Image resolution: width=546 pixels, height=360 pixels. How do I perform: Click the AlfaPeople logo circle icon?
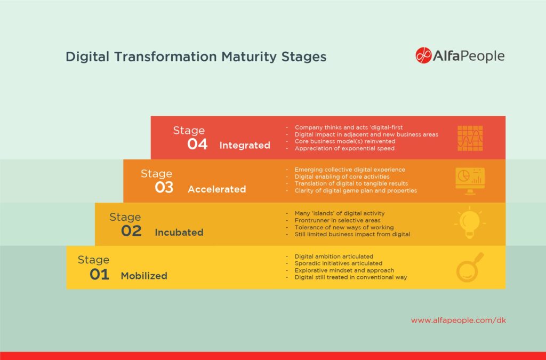pos(423,55)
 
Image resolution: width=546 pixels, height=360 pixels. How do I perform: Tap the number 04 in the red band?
pos(197,145)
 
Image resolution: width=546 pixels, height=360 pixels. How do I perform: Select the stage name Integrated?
pos(245,145)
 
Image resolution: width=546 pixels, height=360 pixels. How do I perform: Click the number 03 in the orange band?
pos(164,188)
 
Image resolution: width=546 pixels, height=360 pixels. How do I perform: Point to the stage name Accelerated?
pos(216,189)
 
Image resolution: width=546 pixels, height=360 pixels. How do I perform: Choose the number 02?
pos(131,231)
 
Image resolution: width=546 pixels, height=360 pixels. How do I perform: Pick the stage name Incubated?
pos(179,233)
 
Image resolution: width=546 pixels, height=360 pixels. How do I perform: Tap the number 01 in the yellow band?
pos(99,275)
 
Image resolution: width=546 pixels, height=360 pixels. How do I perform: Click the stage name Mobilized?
pos(144,276)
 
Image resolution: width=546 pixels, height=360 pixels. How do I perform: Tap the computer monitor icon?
pos(470,180)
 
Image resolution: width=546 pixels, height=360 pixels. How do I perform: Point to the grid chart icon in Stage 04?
pos(470,138)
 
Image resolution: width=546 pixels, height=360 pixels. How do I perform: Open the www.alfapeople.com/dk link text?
pos(458,321)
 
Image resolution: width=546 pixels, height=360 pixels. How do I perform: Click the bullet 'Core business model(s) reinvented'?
pos(344,141)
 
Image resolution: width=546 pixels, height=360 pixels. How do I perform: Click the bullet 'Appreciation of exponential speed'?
pos(344,148)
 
